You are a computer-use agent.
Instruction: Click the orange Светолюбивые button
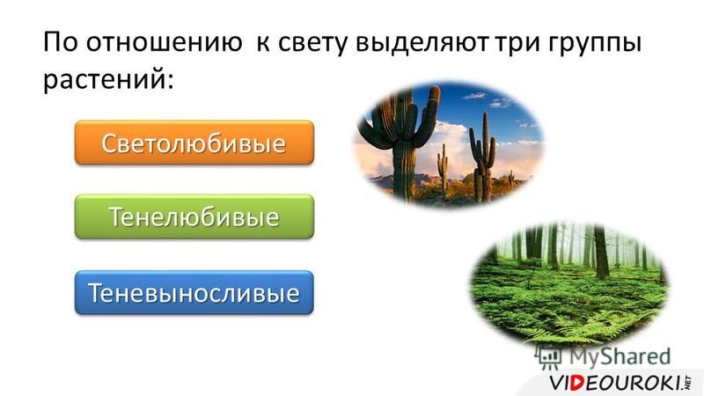click(194, 143)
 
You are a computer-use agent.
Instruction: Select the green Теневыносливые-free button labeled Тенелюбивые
click(194, 216)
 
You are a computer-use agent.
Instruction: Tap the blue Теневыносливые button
click(194, 292)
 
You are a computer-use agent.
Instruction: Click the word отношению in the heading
click(164, 41)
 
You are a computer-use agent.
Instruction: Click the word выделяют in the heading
click(422, 42)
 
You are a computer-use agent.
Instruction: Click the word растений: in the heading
click(108, 80)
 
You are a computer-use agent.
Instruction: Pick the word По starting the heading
click(60, 41)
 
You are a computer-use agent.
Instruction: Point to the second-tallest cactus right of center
click(482, 158)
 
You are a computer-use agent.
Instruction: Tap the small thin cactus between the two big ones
click(443, 170)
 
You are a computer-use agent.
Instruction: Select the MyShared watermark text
click(620, 357)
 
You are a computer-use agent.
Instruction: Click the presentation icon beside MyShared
click(548, 357)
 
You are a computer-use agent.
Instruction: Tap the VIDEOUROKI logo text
click(620, 383)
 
